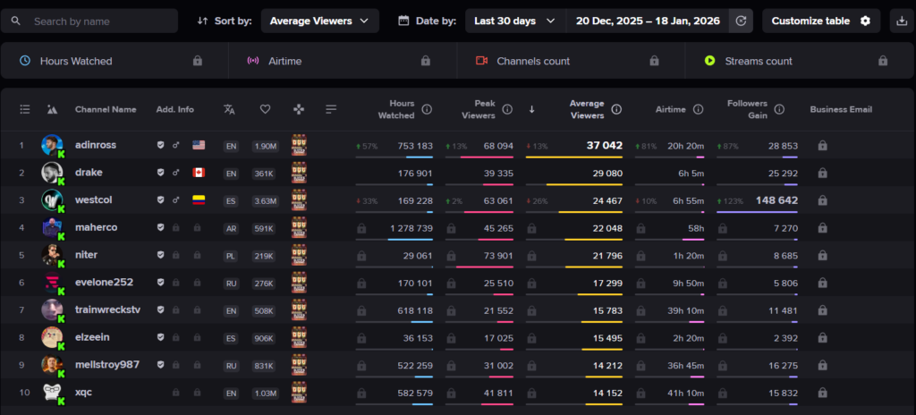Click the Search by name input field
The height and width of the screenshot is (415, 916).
pos(98,21)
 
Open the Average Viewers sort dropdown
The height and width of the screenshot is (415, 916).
pos(319,21)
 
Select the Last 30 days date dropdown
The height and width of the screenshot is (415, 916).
pos(514,21)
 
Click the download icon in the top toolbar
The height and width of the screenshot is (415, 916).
pos(900,21)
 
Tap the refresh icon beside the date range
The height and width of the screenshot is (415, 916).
pos(741,21)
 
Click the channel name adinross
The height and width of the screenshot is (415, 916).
pos(96,145)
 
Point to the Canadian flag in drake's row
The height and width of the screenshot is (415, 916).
pos(199,173)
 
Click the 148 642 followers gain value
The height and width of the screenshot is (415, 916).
pos(776,200)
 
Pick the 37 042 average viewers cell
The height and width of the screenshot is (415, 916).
pos(604,145)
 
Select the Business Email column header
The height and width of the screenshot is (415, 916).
pos(841,109)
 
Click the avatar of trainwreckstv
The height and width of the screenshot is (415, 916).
pos(52,310)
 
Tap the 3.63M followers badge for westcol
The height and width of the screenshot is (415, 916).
pos(265,200)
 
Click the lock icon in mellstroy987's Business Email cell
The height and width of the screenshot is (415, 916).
pos(822,365)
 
